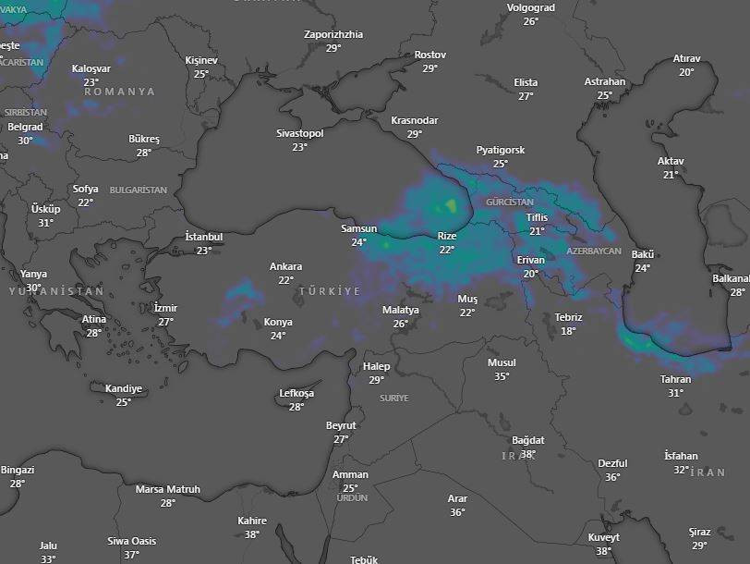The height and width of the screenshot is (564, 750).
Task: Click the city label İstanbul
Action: (x=203, y=237)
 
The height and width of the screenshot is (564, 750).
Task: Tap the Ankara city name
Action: (x=285, y=267)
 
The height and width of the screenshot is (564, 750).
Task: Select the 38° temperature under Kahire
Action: (x=251, y=533)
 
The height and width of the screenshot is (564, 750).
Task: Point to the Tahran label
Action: (x=675, y=379)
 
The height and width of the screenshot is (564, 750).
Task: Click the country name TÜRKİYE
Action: (x=329, y=291)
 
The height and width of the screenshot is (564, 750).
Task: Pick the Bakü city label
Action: (x=642, y=254)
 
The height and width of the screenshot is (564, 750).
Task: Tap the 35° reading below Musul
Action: (x=502, y=376)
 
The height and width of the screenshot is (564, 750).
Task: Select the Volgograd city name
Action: (x=530, y=8)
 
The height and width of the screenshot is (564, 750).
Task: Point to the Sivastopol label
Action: (x=299, y=134)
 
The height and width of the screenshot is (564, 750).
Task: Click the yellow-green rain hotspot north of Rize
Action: (x=450, y=205)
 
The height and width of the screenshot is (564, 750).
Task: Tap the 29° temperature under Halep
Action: (x=376, y=380)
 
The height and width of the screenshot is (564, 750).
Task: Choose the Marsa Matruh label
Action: (x=167, y=489)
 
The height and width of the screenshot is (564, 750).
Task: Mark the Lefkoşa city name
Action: (x=296, y=393)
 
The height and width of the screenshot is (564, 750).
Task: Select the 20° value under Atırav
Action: (x=686, y=72)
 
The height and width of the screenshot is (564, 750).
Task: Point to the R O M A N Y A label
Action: (x=120, y=92)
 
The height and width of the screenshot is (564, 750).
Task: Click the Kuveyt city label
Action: (x=603, y=537)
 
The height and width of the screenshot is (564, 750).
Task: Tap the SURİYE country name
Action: (x=393, y=398)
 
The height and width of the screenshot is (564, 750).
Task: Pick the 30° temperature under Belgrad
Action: (x=25, y=141)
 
